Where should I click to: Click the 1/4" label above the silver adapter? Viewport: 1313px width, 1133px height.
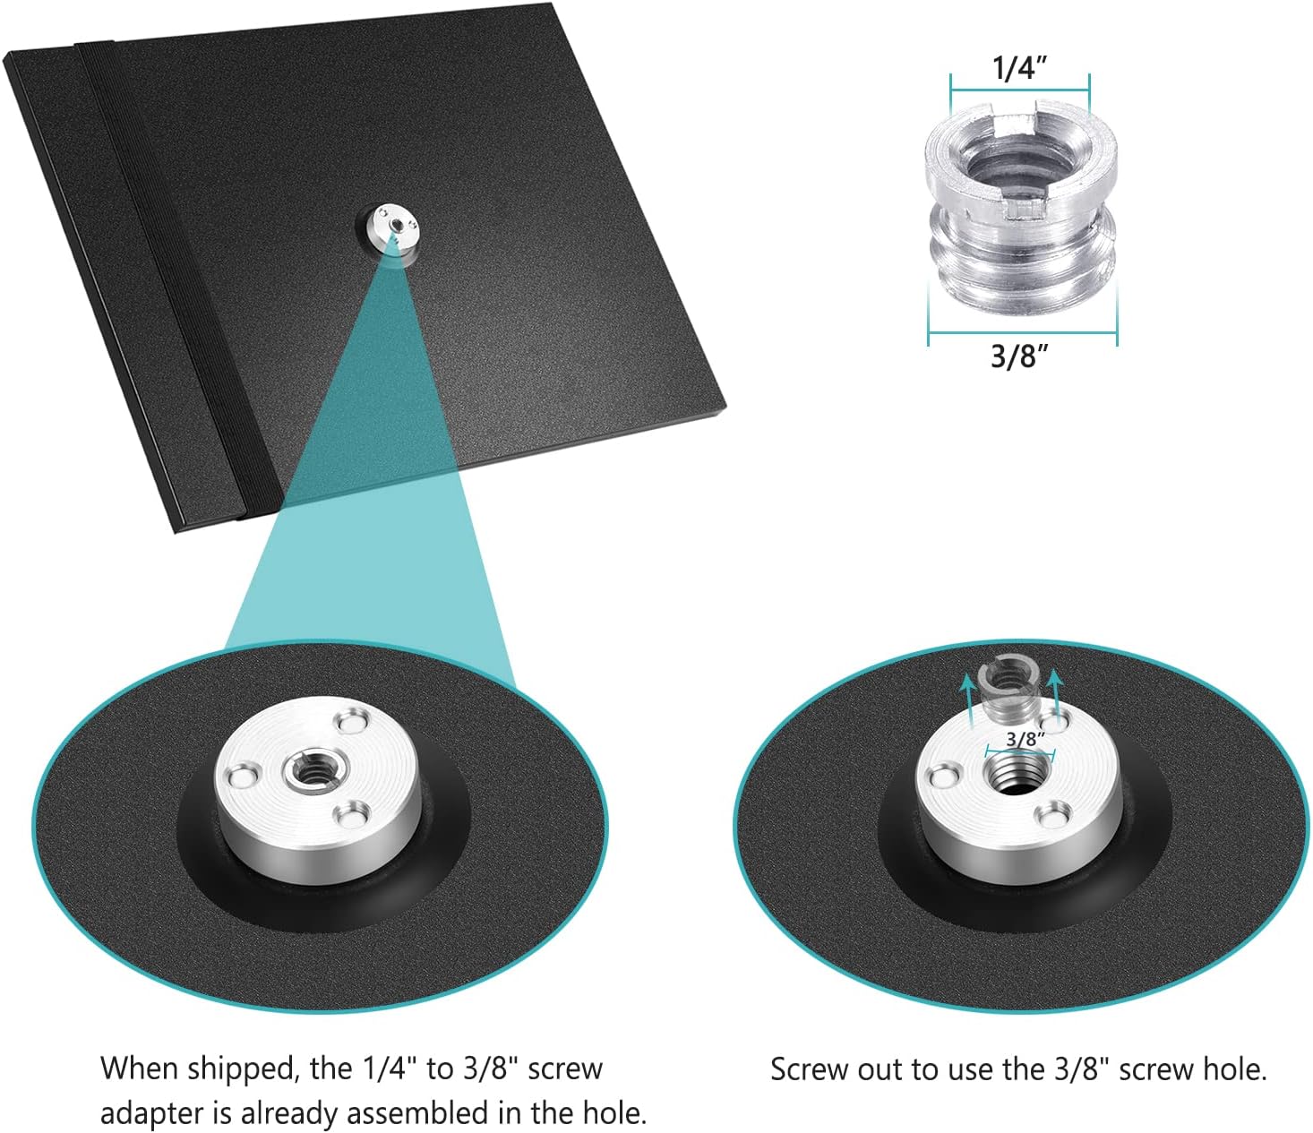1020,69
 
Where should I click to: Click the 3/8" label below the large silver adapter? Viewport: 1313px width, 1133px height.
1019,356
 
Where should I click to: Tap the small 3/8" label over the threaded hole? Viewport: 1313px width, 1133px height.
1026,739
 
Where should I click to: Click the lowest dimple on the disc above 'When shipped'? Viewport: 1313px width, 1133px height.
353,813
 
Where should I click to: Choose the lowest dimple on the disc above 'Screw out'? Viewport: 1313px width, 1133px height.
1051,819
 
